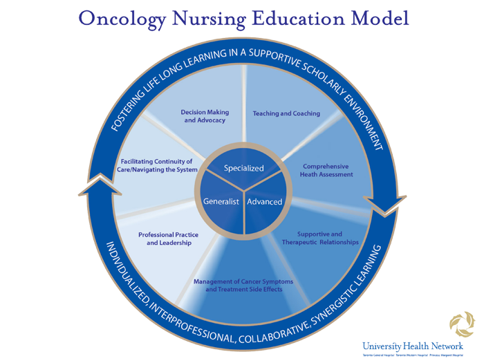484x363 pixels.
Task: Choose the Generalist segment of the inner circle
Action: (x=221, y=201)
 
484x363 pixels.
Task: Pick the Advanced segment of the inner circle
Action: (x=264, y=201)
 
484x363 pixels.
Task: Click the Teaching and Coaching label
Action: (x=286, y=113)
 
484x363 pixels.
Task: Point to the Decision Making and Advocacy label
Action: (x=205, y=116)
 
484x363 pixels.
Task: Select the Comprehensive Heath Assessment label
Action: (x=326, y=171)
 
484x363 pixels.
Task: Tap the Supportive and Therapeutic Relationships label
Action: (x=319, y=239)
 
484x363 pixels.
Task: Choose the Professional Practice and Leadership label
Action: (x=165, y=239)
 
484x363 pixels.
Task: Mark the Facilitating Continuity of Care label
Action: (x=158, y=165)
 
